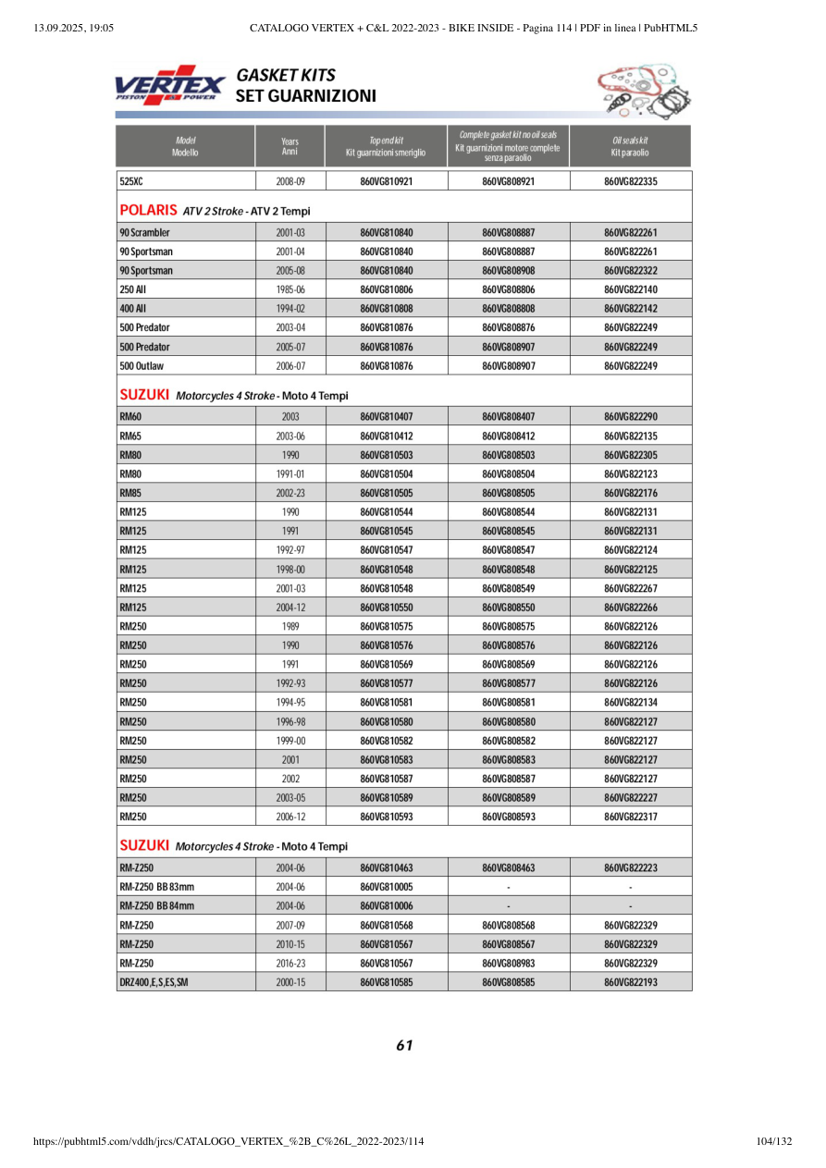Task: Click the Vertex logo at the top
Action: (x=169, y=85)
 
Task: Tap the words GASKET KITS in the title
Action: (x=286, y=75)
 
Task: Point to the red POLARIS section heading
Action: (x=149, y=211)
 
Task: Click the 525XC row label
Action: (x=130, y=182)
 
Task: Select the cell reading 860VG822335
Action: (x=630, y=182)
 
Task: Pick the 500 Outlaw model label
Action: (x=142, y=366)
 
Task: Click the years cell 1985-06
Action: (x=290, y=289)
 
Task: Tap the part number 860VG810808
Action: (x=386, y=309)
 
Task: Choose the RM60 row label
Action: (x=130, y=416)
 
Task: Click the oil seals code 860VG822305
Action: (x=630, y=455)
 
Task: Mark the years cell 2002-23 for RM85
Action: (x=290, y=493)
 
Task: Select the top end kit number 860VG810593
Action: (x=386, y=817)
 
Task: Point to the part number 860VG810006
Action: (x=386, y=906)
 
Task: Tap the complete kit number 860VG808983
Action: (x=508, y=964)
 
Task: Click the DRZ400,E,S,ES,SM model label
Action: (x=154, y=982)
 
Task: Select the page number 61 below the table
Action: (x=404, y=1046)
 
